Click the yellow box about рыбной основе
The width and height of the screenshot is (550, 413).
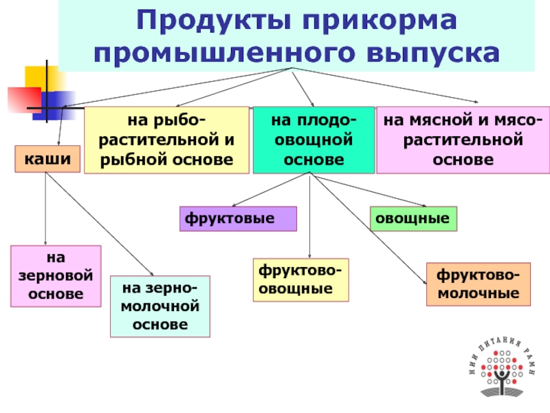click(167, 140)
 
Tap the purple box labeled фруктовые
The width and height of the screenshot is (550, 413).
click(238, 218)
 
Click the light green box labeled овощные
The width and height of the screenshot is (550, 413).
click(414, 218)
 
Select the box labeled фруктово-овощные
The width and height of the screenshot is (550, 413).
click(301, 280)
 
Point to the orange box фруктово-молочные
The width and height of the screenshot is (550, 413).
click(478, 284)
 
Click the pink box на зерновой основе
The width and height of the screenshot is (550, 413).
click(56, 276)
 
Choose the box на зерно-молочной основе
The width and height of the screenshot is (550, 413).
click(159, 306)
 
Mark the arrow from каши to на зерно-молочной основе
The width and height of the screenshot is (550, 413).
click(100, 223)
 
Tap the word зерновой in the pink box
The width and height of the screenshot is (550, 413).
click(56, 276)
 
